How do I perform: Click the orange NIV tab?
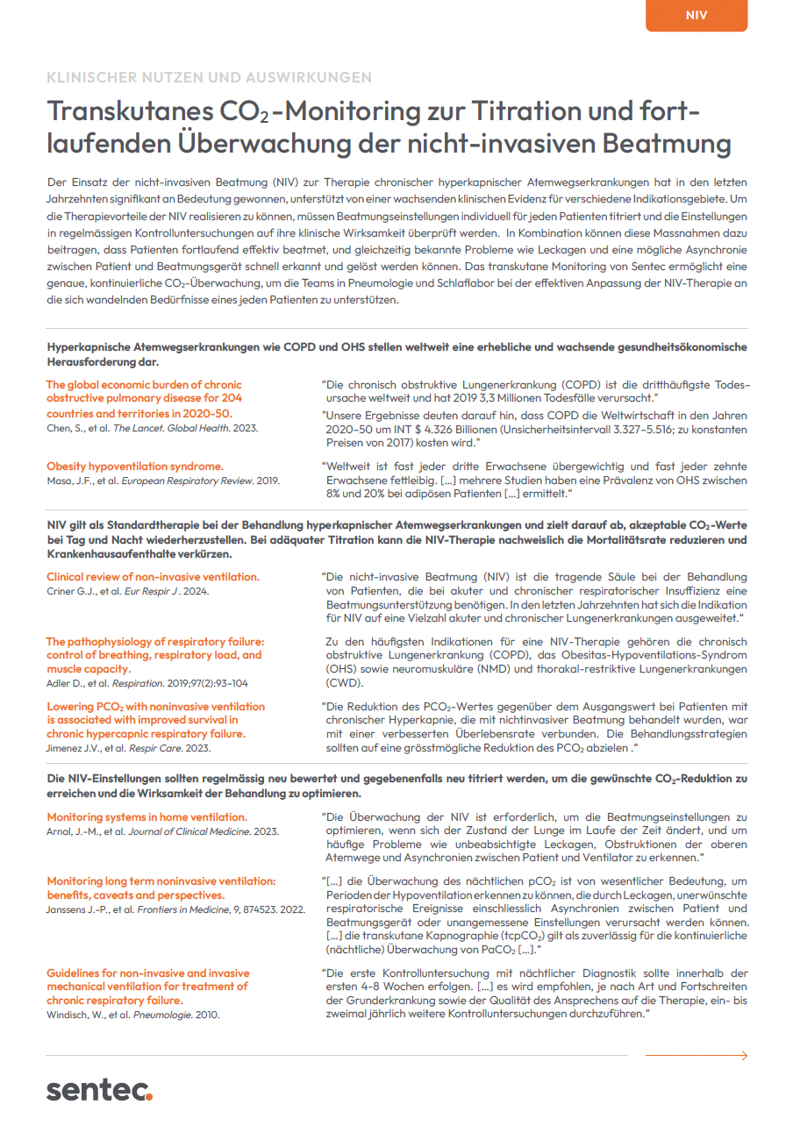click(696, 16)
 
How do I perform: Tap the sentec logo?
click(99, 1090)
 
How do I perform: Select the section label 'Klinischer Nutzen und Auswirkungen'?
click(209, 77)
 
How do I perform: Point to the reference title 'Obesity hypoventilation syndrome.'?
click(135, 467)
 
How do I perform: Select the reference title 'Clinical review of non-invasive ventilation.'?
click(153, 577)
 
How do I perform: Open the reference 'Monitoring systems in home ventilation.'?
click(146, 817)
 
